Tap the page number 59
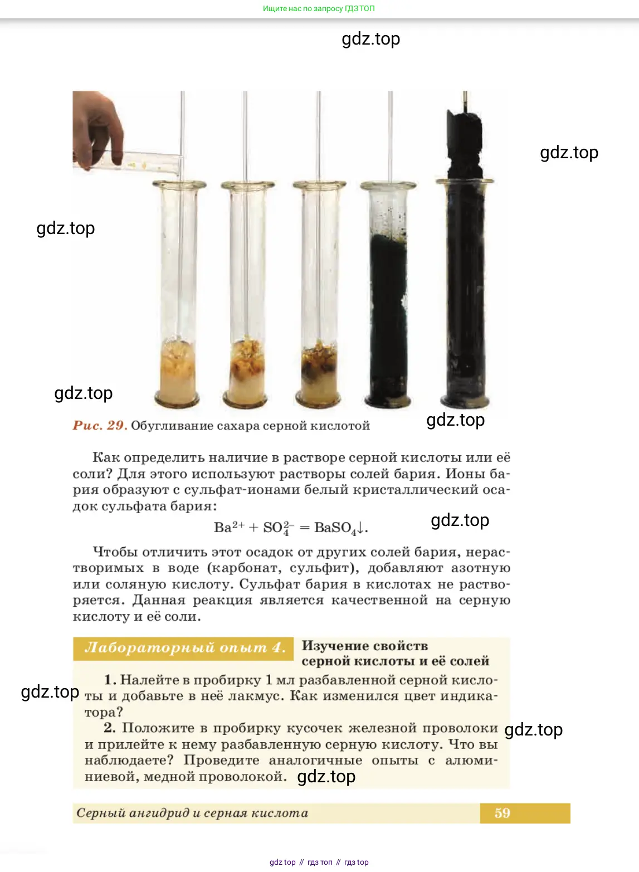(x=502, y=813)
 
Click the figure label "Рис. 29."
(x=100, y=425)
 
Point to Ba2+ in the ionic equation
(x=229, y=527)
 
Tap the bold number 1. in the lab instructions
(x=110, y=680)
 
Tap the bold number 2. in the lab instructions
(x=110, y=728)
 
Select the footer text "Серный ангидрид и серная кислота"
(x=192, y=813)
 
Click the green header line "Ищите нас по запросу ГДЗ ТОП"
(x=319, y=8)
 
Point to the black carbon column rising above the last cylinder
(x=465, y=144)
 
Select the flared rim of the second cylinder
(x=248, y=185)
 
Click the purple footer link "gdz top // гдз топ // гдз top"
(x=319, y=863)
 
